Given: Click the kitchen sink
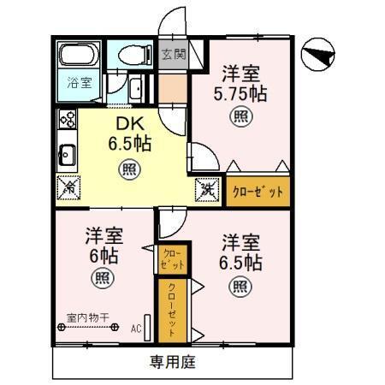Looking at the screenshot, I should pyautogui.click(x=68, y=155).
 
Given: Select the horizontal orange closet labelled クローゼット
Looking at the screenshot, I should pyautogui.click(x=258, y=192).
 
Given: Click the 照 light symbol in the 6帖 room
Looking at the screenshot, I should pyautogui.click(x=102, y=277).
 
